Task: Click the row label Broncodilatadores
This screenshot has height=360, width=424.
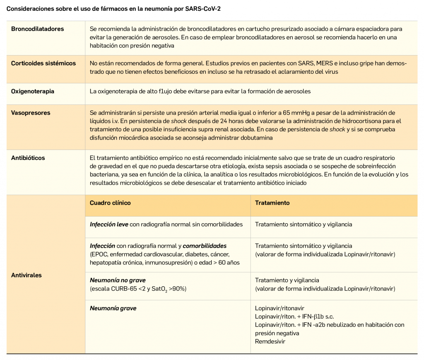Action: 38,29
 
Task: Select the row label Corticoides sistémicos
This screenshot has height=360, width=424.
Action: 43,63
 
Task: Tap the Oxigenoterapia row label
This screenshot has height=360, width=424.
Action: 33,91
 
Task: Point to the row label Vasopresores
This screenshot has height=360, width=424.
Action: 30,113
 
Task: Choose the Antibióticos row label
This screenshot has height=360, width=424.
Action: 28,158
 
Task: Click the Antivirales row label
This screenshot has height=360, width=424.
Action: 26,275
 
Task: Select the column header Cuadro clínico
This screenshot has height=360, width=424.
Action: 110,203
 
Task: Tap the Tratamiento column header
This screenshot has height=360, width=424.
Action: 272,203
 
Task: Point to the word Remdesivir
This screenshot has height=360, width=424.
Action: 270,342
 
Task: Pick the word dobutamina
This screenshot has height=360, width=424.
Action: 255,138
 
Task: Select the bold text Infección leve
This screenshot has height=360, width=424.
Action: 109,224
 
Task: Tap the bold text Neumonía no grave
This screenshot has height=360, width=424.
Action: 118,280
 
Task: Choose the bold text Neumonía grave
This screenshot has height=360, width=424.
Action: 113,308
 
